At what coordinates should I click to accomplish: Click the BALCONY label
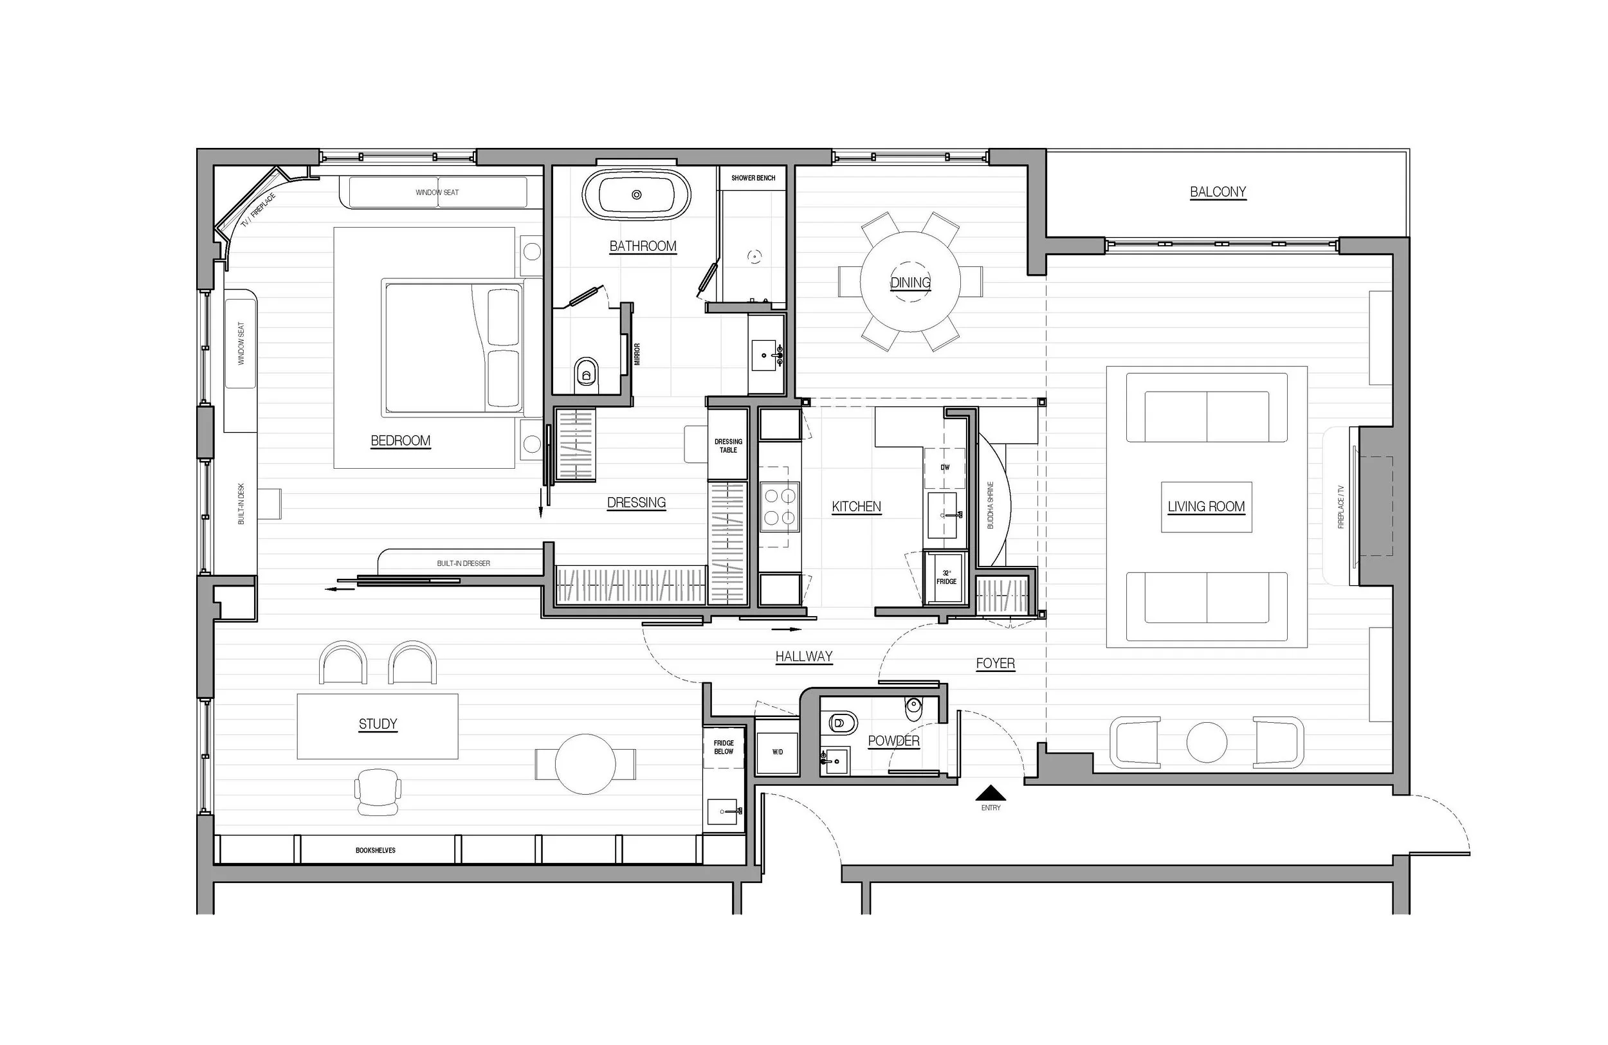(1218, 192)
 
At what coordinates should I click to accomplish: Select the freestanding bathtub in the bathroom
(636, 195)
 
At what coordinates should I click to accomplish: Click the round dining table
(910, 282)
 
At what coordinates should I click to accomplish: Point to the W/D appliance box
(777, 751)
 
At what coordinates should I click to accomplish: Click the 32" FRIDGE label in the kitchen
(946, 577)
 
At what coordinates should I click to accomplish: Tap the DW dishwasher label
(944, 468)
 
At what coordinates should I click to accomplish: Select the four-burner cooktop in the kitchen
(780, 508)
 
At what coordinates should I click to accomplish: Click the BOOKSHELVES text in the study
(376, 850)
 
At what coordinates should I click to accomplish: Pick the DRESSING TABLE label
(727, 446)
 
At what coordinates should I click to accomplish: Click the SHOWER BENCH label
(753, 178)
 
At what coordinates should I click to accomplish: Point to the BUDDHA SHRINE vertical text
(991, 505)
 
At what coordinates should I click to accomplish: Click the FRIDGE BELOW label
(724, 747)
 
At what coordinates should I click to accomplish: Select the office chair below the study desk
(378, 792)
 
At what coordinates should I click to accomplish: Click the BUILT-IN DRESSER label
(464, 563)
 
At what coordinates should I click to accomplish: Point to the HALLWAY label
(803, 657)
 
